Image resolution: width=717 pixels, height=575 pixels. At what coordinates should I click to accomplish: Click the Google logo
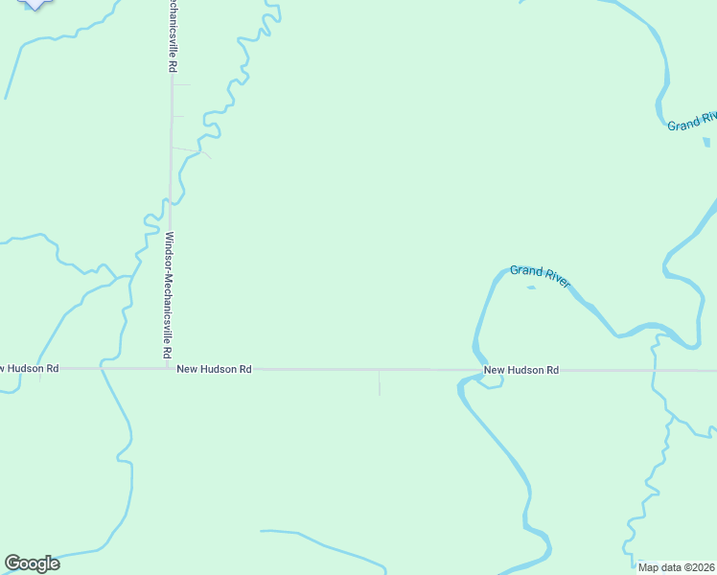click(x=32, y=563)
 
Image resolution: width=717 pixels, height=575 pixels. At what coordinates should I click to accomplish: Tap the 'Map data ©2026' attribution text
click(x=677, y=567)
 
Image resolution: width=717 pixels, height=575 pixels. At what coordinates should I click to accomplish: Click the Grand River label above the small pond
click(x=541, y=276)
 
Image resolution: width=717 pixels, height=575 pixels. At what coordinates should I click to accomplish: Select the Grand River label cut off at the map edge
click(x=692, y=122)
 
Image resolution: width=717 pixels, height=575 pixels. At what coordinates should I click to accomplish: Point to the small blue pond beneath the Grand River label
click(x=531, y=287)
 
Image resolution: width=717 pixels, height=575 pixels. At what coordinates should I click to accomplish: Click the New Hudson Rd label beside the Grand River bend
click(x=520, y=370)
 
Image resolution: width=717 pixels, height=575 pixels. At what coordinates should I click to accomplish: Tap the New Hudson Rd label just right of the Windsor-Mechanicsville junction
click(x=214, y=369)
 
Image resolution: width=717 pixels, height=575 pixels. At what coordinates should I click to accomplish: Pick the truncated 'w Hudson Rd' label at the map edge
click(x=29, y=368)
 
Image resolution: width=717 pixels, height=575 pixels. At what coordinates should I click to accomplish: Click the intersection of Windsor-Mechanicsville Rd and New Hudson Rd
click(x=169, y=368)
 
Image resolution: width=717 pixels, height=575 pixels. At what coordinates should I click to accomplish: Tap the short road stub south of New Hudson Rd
click(x=380, y=382)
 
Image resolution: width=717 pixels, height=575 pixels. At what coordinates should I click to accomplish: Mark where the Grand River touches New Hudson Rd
click(x=475, y=369)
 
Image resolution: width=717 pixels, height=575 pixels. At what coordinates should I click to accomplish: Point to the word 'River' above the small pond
click(x=555, y=279)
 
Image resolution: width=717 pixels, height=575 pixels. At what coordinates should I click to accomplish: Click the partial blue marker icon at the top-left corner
click(x=35, y=4)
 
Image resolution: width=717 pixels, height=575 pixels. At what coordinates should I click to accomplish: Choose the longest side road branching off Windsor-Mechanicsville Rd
click(x=190, y=149)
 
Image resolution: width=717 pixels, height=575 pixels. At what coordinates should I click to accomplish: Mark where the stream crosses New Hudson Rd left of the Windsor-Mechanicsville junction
click(x=102, y=368)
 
